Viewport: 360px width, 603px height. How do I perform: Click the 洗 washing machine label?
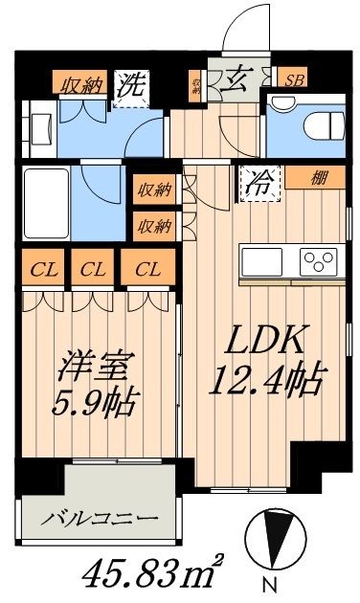click(134, 84)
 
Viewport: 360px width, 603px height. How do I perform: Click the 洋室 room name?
click(97, 368)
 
